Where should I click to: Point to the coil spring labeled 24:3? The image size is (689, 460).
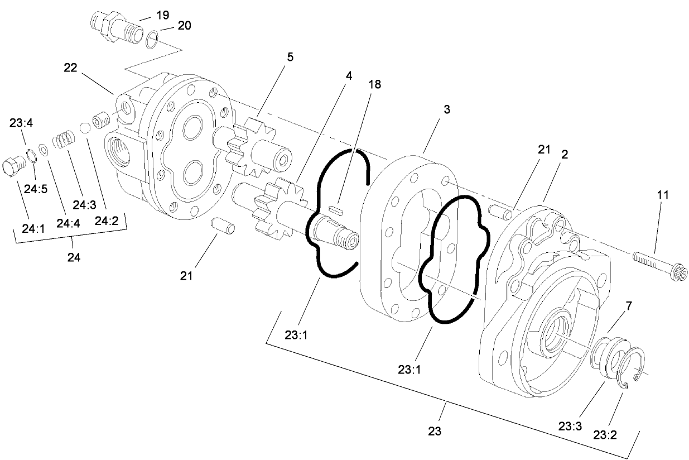pos(64,138)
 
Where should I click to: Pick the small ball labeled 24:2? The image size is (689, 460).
pos(85,128)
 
